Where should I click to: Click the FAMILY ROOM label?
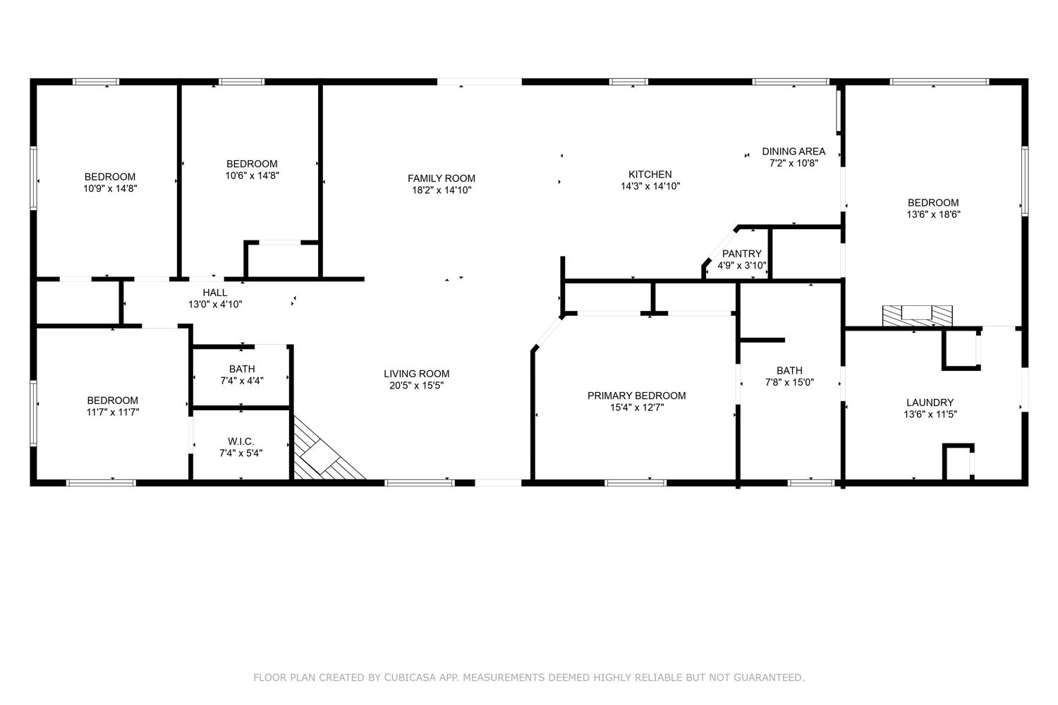click(441, 178)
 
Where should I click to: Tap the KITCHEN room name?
click(650, 174)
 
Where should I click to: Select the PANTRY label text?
click(741, 254)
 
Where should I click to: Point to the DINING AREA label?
click(793, 152)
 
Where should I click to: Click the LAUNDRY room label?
click(930, 403)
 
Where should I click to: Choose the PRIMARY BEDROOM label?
click(637, 396)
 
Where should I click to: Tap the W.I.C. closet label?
click(241, 441)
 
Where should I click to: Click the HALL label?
click(215, 293)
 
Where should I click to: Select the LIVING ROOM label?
click(416, 374)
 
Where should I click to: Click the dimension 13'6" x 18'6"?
click(933, 214)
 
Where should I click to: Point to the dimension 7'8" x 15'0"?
click(789, 383)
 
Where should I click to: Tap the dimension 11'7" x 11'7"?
click(112, 412)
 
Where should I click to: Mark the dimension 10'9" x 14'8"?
click(110, 188)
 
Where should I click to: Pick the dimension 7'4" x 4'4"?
click(242, 381)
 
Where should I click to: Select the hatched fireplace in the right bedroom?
click(917, 316)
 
